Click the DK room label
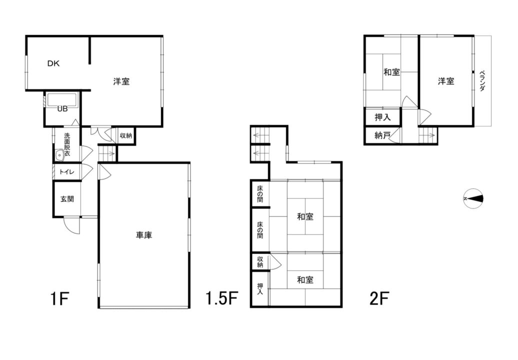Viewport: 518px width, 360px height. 53,63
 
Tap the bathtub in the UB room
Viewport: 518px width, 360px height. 62,99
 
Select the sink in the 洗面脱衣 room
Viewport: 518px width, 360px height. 60,154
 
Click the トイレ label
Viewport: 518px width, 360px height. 67,172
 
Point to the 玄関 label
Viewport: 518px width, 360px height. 67,199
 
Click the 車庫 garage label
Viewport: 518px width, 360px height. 144,235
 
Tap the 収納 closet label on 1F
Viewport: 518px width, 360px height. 126,135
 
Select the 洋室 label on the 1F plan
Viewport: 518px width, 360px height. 121,81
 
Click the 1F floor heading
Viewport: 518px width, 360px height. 60,298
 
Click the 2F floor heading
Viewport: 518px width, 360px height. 379,298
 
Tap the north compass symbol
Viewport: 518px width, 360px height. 473,198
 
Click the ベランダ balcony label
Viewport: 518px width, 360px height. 482,80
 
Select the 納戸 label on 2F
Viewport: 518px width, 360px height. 382,135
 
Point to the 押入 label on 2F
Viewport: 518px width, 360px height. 383,117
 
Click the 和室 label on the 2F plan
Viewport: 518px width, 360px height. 392,72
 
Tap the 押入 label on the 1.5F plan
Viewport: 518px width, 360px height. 260,288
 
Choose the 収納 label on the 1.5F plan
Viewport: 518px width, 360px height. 260,262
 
